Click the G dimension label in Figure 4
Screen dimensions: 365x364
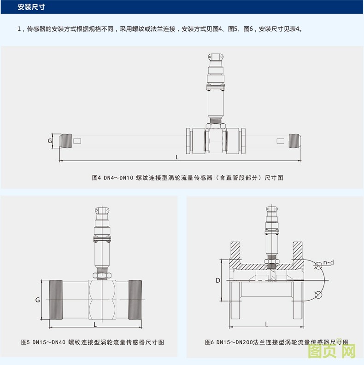coord(50,140)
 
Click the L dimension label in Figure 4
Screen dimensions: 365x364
coord(177,157)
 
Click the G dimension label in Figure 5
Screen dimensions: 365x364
coord(38,300)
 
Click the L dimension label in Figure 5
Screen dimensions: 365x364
coord(95,324)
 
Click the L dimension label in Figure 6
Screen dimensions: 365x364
coord(266,324)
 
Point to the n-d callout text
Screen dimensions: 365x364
coord(329,262)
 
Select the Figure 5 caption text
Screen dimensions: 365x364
coord(93,342)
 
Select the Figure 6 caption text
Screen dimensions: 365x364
coord(276,342)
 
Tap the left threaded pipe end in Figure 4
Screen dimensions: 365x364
coord(67,140)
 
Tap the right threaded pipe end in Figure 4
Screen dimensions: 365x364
coord(294,140)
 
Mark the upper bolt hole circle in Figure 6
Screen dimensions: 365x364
coord(318,265)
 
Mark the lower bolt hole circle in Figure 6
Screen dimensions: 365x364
coord(318,295)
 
